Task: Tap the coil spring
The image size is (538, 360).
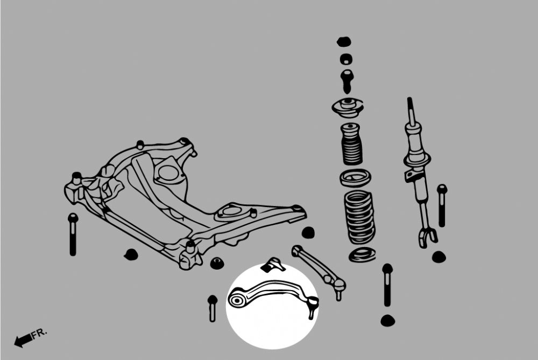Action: pyautogui.click(x=359, y=217)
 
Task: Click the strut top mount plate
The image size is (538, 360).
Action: pyautogui.click(x=348, y=108)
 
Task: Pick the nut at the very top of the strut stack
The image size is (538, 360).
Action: pyautogui.click(x=344, y=42)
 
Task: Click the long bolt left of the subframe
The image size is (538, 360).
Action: pyautogui.click(x=73, y=235)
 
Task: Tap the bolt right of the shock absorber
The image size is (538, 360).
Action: pyautogui.click(x=442, y=205)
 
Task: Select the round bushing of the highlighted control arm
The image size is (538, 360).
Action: pyautogui.click(x=237, y=301)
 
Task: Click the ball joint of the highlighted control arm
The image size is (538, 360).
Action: pyautogui.click(x=313, y=306)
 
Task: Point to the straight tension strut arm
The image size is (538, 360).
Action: pyautogui.click(x=318, y=270)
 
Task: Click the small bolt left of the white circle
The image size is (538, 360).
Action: pyautogui.click(x=213, y=308)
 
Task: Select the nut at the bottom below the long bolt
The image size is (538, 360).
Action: pyautogui.click(x=388, y=321)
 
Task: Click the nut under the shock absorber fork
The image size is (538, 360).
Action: pyautogui.click(x=439, y=257)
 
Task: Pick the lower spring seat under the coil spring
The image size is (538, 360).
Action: pyautogui.click(x=362, y=255)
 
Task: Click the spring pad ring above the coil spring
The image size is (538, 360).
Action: pyautogui.click(x=355, y=179)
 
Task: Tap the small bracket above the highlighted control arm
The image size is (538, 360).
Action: pyautogui.click(x=273, y=265)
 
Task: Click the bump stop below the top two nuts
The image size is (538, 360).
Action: pyautogui.click(x=347, y=81)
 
